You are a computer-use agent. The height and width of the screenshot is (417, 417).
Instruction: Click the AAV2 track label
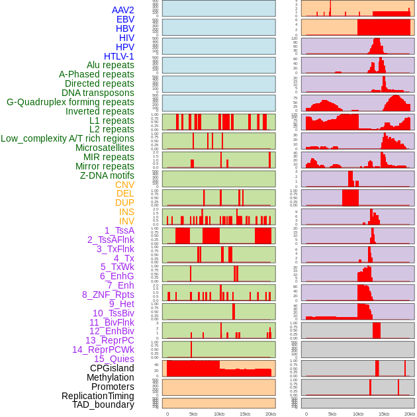click(123, 10)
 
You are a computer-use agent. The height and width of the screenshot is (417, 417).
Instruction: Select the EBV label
click(125, 19)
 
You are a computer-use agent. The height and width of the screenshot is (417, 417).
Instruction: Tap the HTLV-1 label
click(119, 56)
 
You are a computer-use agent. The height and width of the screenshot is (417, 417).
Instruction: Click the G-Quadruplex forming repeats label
click(70, 102)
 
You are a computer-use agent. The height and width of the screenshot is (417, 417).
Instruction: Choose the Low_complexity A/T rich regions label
click(68, 138)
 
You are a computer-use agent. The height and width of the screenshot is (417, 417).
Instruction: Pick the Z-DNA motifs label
click(107, 175)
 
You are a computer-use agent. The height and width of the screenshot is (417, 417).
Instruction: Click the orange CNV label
click(124, 185)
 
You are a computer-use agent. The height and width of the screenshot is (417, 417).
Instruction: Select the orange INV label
click(126, 221)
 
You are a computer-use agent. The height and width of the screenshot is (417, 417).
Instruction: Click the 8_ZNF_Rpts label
click(108, 295)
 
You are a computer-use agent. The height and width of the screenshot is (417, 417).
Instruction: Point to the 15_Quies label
click(113, 359)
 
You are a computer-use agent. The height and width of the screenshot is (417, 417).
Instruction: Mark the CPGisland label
click(112, 368)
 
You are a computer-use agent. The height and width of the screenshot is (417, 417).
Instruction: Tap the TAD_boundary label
click(103, 404)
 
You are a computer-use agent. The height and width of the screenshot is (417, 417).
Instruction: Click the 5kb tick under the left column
click(193, 414)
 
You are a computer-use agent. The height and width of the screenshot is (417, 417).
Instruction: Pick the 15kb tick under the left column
click(245, 414)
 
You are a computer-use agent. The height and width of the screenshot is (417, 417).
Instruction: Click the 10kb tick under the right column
click(358, 414)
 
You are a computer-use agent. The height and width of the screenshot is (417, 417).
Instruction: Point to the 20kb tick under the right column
click(410, 414)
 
